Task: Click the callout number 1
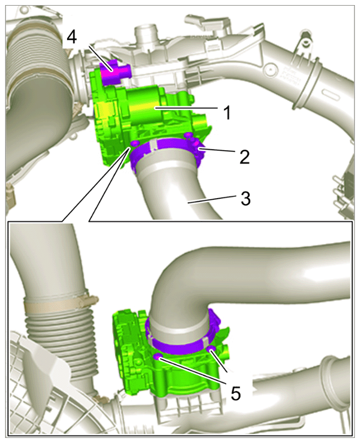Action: click(x=227, y=112)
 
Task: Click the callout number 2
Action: click(x=244, y=156)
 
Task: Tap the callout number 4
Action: click(x=72, y=37)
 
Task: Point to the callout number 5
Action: click(x=235, y=392)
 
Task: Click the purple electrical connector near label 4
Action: click(x=114, y=72)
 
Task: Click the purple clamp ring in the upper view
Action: click(x=166, y=151)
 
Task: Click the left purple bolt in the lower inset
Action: click(x=157, y=357)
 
